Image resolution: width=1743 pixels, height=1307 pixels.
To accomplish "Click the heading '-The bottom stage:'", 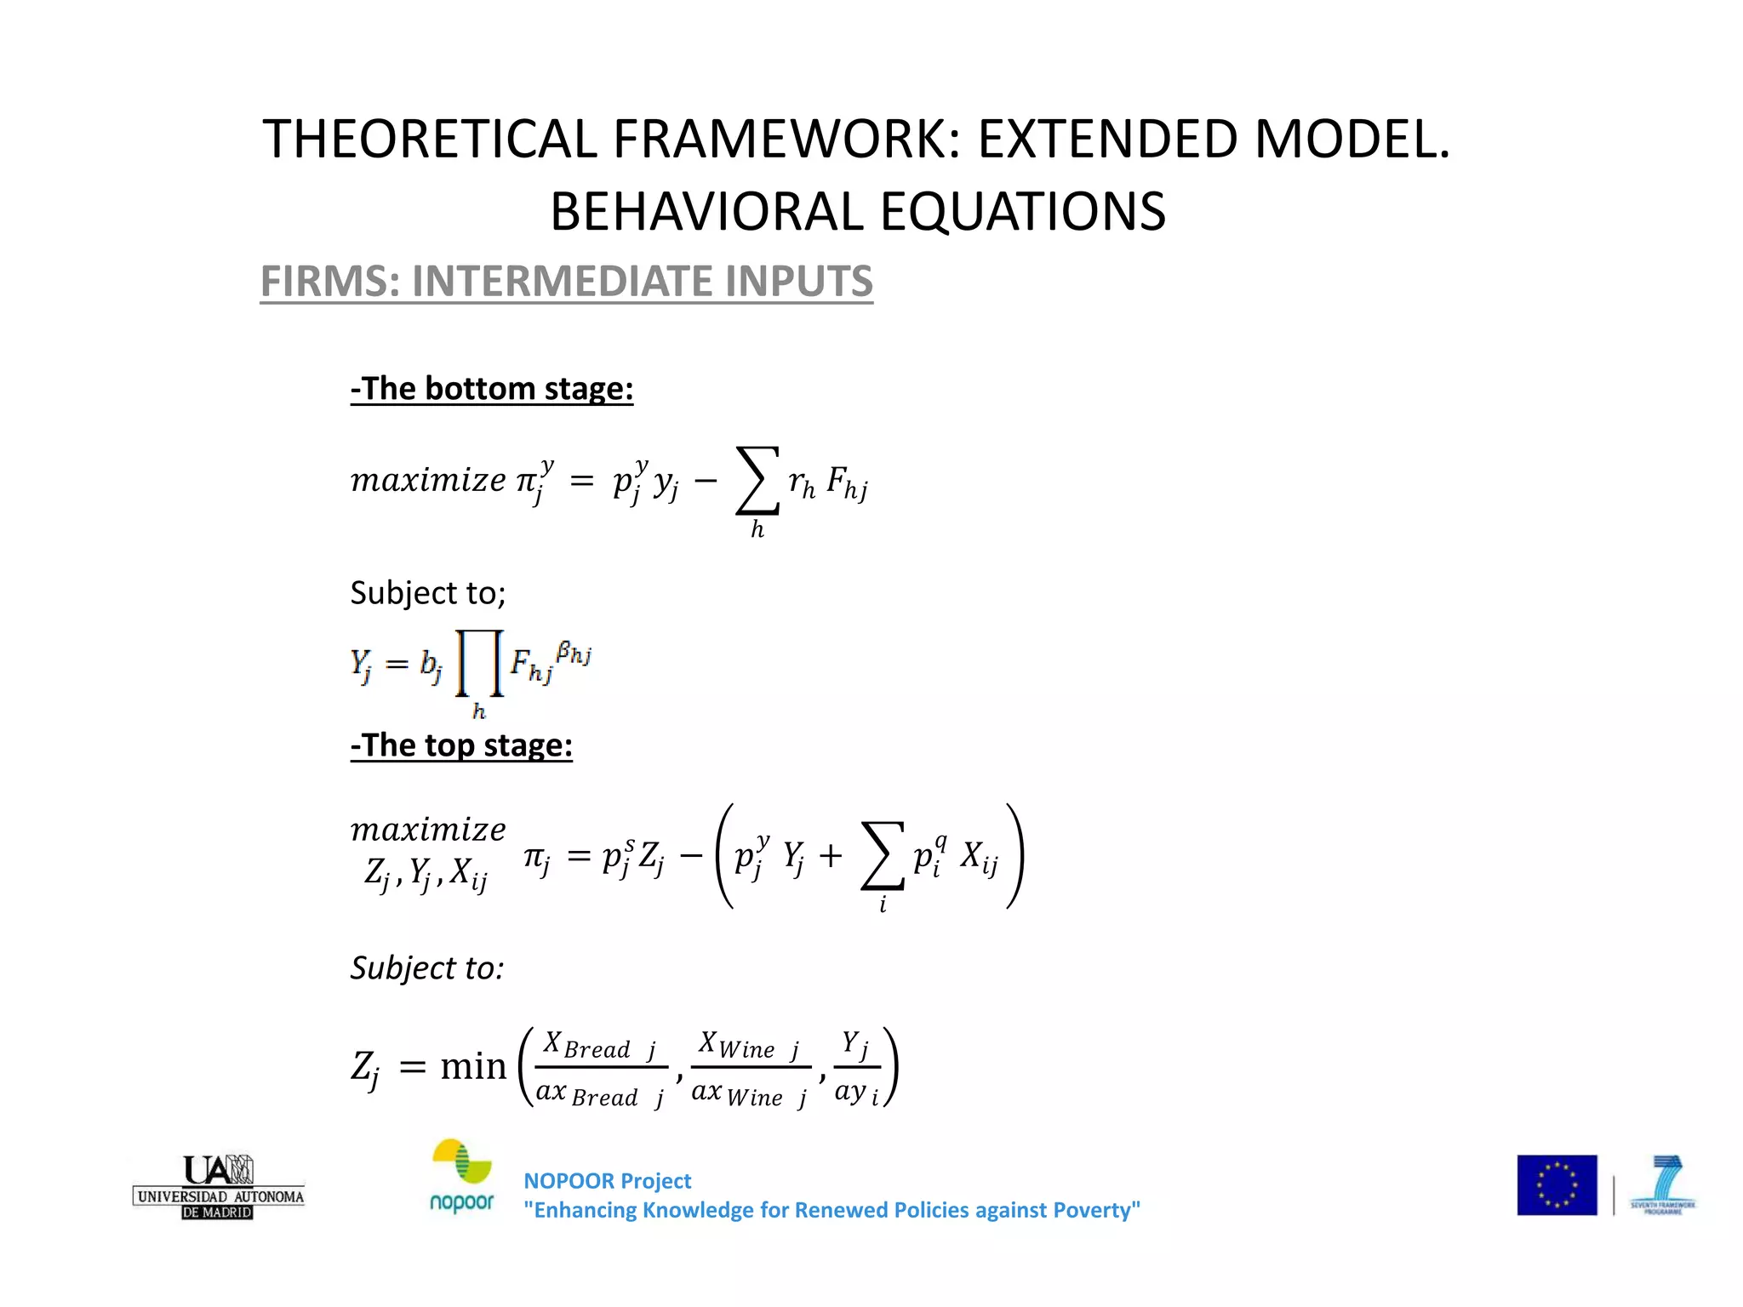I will point(492,389).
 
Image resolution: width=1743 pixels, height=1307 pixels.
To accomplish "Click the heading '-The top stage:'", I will point(461,745).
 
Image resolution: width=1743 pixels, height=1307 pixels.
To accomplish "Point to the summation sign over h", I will point(757,482).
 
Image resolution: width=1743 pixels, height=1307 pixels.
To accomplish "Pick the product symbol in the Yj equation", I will point(479,664).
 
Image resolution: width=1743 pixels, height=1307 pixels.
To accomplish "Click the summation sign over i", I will point(882,856).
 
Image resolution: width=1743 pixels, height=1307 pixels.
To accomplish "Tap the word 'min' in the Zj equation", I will point(473,1066).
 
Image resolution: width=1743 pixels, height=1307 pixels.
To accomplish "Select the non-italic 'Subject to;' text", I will point(428,593).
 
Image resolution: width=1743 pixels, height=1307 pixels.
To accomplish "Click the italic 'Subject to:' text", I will point(427,968).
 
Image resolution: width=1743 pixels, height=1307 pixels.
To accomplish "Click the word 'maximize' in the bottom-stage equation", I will point(428,481).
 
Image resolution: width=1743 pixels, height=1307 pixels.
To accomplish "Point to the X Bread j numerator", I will point(600,1046).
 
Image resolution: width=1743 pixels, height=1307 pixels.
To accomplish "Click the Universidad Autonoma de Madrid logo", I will point(219,1187).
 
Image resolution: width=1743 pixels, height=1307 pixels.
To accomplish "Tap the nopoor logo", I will point(462,1177).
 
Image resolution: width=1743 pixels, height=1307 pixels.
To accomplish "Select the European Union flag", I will point(1557,1185).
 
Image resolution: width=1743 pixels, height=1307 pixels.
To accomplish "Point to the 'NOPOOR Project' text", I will point(607,1181).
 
